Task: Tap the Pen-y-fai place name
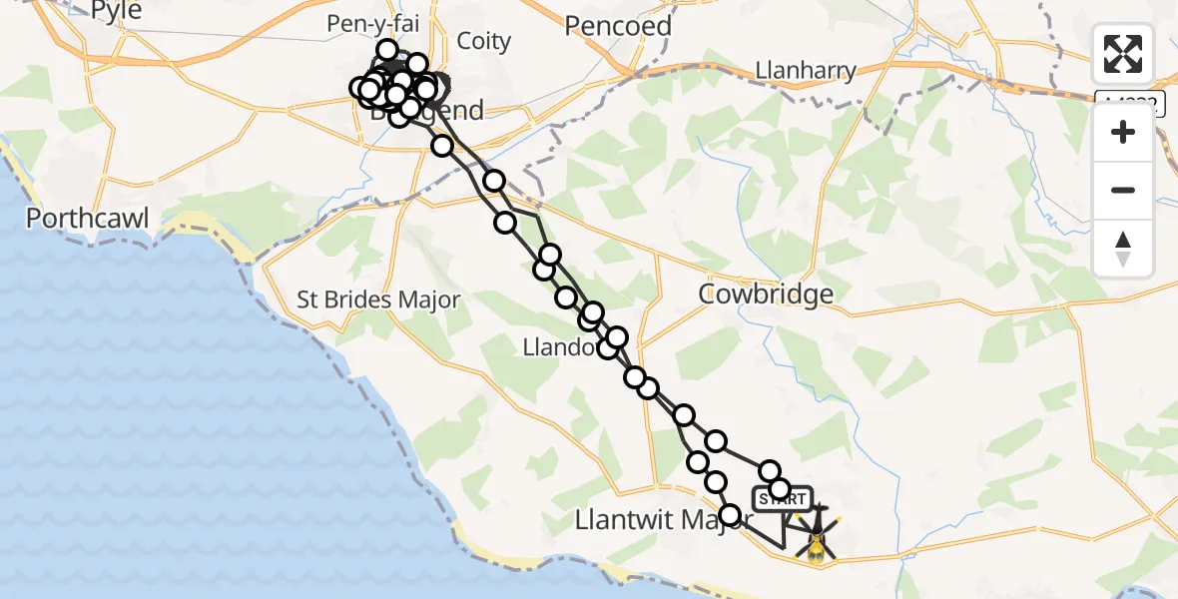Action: [x=370, y=23]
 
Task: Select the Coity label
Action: [x=483, y=41]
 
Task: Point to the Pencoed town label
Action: [x=618, y=26]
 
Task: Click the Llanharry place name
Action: [x=806, y=70]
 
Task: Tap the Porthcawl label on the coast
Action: [x=88, y=219]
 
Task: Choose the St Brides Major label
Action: [x=378, y=299]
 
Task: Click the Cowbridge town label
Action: [x=766, y=294]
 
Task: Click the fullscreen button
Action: [x=1123, y=54]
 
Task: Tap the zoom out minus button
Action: [x=1123, y=190]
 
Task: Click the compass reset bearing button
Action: [x=1123, y=248]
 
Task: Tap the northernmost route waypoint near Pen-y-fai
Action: [x=387, y=50]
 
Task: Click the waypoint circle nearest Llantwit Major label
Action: [x=730, y=515]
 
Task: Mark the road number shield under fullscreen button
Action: [x=1129, y=103]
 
